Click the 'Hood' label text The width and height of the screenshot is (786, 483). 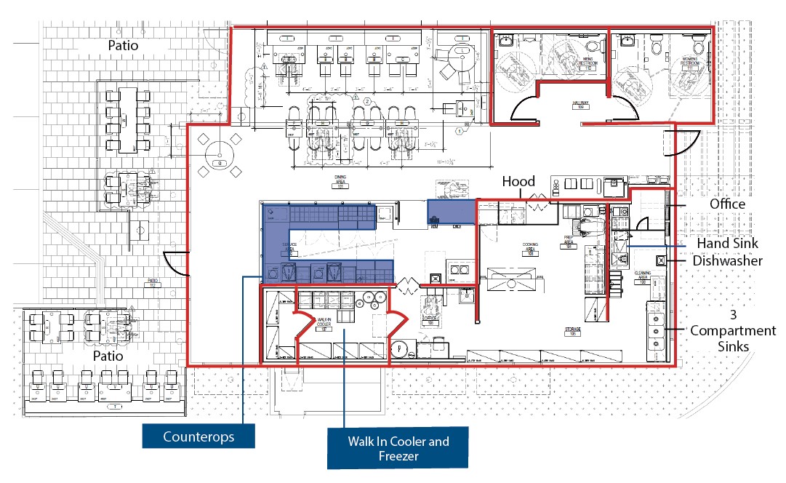[x=518, y=182]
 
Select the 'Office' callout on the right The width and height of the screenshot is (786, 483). [x=728, y=204]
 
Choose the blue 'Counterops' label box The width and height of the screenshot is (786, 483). [x=198, y=437]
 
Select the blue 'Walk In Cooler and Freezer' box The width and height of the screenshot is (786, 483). [x=398, y=447]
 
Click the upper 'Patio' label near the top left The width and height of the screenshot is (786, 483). [x=123, y=45]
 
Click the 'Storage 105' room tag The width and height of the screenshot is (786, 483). [x=573, y=331]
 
